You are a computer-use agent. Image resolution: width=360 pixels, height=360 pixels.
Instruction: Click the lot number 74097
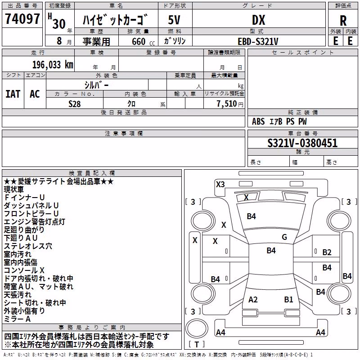pos(22,18)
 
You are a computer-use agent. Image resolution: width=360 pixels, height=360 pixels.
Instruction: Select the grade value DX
pos(258,20)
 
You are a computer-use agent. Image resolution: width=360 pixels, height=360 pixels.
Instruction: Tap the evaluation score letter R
pos(343,21)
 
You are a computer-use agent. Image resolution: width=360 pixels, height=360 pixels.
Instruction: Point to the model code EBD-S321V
pos(258,41)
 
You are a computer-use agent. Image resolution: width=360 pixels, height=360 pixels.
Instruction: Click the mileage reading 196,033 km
pos(53,65)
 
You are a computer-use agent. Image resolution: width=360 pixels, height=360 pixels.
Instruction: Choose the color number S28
pos(75,104)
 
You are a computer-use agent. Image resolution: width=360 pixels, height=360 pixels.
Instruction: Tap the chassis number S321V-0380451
pos(302,143)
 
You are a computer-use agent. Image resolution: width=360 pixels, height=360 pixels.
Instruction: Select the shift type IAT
pos(13,94)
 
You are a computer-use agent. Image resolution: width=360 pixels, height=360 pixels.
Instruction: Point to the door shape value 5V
pos(174,20)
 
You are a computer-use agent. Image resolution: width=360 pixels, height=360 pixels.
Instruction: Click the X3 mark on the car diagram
pos(220,184)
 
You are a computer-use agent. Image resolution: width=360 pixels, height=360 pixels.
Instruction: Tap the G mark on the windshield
pos(284,237)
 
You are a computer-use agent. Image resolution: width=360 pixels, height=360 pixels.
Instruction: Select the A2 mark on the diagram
pos(253,300)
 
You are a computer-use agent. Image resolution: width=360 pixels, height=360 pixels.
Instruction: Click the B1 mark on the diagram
pos(288,300)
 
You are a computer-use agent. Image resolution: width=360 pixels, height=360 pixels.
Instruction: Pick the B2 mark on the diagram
pos(327,252)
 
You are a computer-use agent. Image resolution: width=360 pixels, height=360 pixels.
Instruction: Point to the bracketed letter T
pos(197,344)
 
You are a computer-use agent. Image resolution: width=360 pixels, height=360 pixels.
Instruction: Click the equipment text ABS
pos(258,121)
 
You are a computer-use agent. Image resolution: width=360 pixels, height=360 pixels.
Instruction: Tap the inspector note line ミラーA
pos(17,319)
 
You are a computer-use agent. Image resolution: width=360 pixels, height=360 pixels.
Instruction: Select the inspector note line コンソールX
pos(24,270)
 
